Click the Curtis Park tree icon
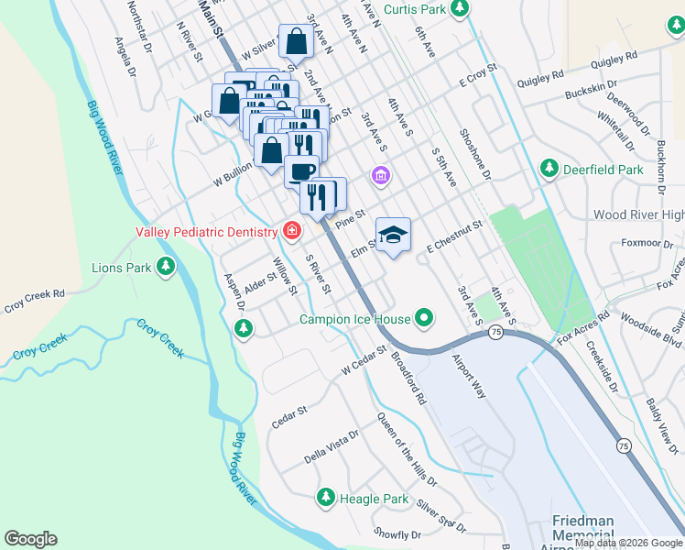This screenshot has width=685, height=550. (x=462, y=8)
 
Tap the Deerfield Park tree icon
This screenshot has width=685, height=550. (x=549, y=169)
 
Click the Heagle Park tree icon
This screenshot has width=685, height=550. (x=325, y=498)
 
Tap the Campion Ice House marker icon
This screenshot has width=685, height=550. (x=424, y=319)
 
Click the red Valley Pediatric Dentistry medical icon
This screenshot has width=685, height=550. (x=292, y=231)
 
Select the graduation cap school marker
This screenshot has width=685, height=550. (x=393, y=235)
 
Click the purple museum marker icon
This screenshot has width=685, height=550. (x=380, y=175)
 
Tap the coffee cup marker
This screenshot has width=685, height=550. (x=301, y=170)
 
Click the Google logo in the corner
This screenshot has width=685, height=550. (x=30, y=539)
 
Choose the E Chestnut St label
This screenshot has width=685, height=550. (x=454, y=236)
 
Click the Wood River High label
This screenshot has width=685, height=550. (x=637, y=214)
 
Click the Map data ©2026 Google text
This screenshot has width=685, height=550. (x=627, y=543)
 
